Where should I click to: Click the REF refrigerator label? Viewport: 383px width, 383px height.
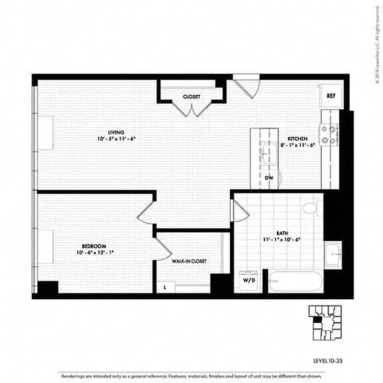330,96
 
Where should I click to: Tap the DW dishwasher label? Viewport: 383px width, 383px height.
269,178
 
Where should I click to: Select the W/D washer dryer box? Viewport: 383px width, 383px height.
247,280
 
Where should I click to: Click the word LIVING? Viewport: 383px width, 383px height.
116,132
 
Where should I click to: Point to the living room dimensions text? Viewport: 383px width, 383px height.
116,139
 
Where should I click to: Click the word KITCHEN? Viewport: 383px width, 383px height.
293,138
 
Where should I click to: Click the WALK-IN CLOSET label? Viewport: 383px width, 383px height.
189,261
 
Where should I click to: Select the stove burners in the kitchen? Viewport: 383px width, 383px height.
329,135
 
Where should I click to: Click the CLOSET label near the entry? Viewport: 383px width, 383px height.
191,97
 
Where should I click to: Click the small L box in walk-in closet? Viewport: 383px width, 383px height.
165,287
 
